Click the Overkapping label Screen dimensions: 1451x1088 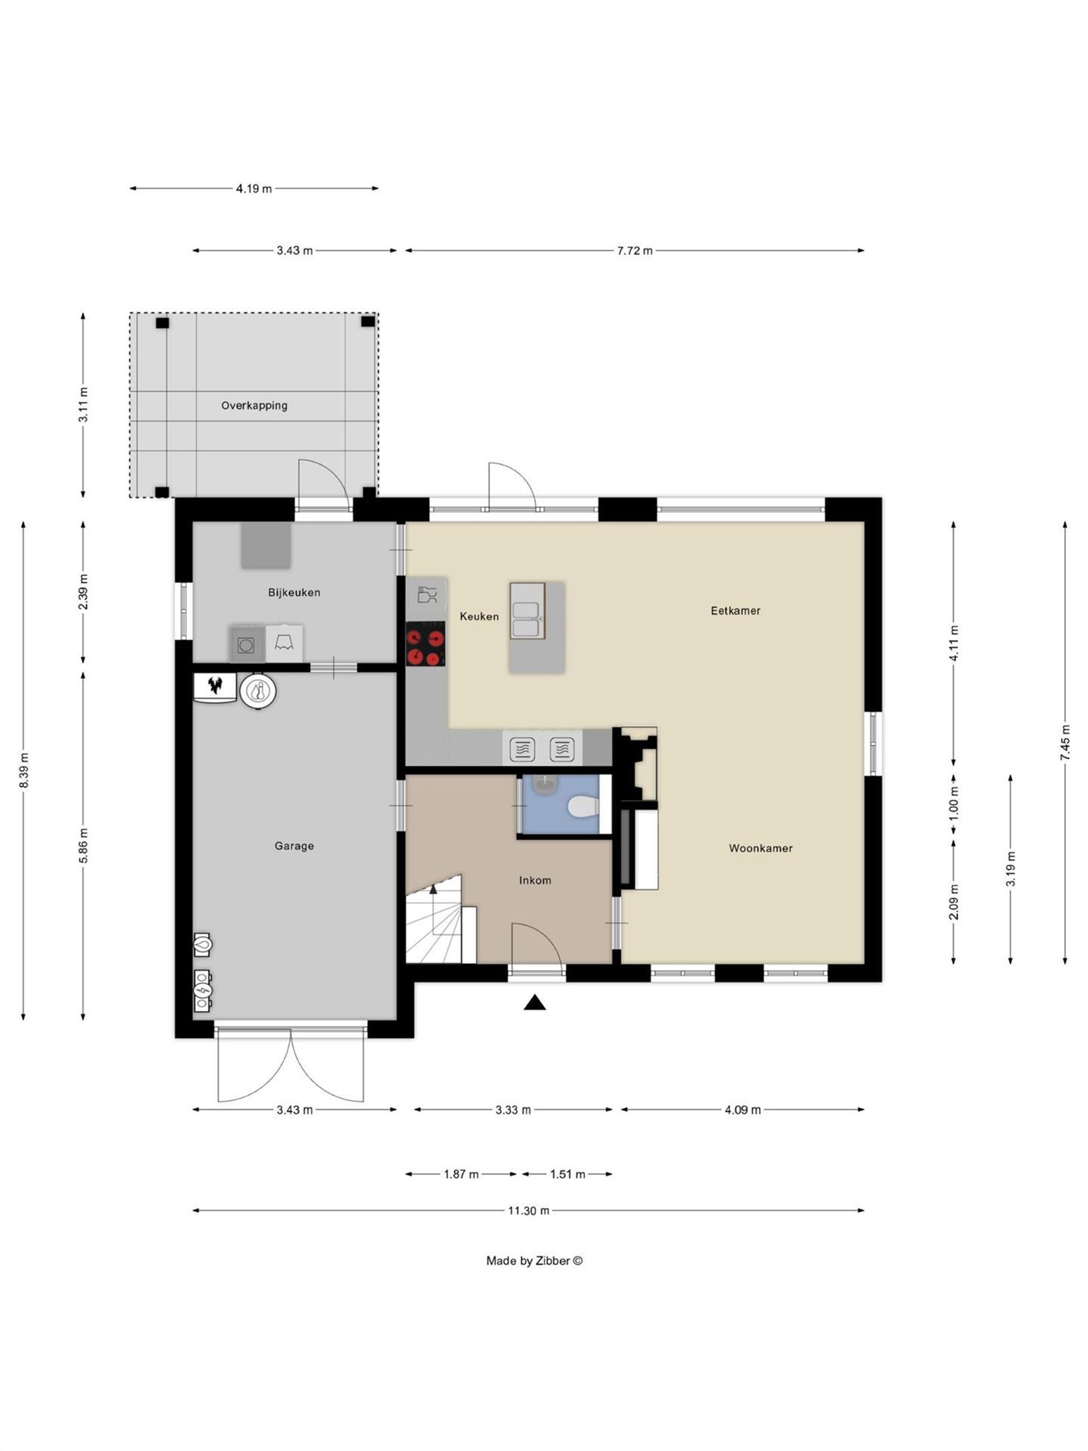254,405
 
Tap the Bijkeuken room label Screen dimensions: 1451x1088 294,593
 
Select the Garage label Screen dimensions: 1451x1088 294,846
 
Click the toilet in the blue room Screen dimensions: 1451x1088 583,807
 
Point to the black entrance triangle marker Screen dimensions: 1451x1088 535,1003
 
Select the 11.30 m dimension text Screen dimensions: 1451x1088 528,1211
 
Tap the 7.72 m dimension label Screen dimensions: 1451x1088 634,250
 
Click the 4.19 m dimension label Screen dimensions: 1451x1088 254,188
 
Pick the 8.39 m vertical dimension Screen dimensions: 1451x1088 24,771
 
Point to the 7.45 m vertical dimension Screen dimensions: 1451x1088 1065,742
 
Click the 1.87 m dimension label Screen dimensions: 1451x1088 461,1174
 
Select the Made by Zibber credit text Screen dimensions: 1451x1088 534,1261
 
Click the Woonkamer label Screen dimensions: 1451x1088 760,848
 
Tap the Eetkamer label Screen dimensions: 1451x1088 735,611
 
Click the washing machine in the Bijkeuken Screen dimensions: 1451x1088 245,644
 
